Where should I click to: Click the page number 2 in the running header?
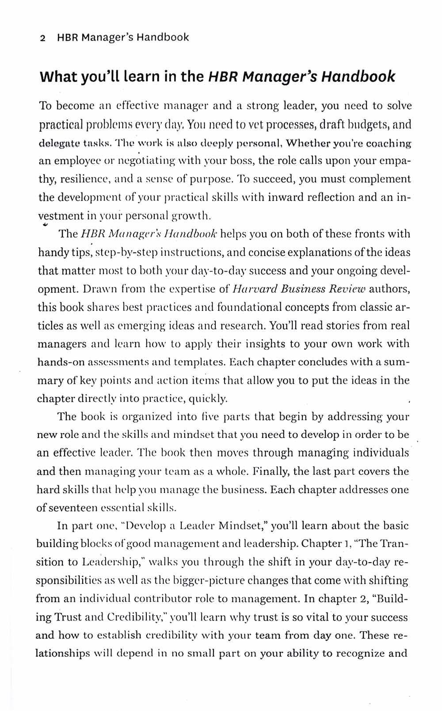pyautogui.click(x=42, y=38)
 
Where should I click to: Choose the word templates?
pyautogui.click(x=202, y=363)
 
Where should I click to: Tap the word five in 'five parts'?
pyautogui.click(x=210, y=417)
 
